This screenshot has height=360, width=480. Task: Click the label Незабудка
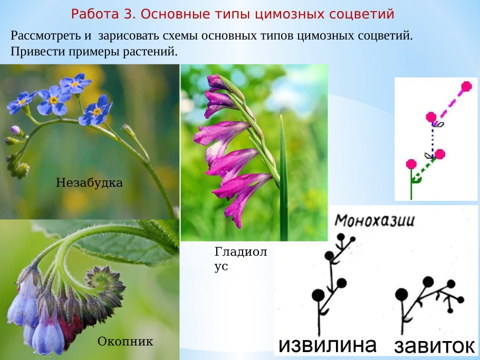pyautogui.click(x=89, y=183)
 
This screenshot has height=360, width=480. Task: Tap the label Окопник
pyautogui.click(x=125, y=342)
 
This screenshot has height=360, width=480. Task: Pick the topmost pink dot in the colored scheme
pyautogui.click(x=466, y=86)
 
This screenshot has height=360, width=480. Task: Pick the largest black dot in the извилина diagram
pyautogui.click(x=318, y=295)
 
